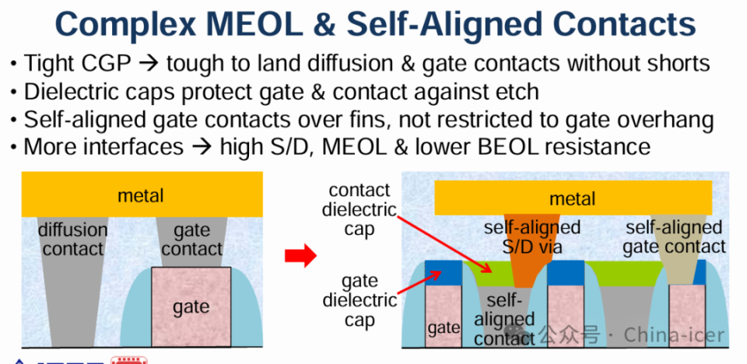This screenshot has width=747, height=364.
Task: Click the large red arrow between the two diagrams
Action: (300, 256)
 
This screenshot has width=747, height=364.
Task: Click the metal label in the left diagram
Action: (141, 195)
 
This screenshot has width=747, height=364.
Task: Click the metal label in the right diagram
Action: (573, 198)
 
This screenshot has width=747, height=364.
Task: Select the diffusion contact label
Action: (72, 240)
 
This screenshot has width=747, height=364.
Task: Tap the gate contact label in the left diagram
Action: (192, 240)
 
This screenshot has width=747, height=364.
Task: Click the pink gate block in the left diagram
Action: (191, 306)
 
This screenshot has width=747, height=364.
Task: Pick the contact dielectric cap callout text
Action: (359, 210)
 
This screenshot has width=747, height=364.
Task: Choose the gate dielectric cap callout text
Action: (359, 300)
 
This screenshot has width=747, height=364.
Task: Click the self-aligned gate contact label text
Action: (675, 236)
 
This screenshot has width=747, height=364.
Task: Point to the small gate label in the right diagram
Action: (444, 327)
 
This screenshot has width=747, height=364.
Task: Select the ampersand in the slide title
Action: (324, 24)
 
